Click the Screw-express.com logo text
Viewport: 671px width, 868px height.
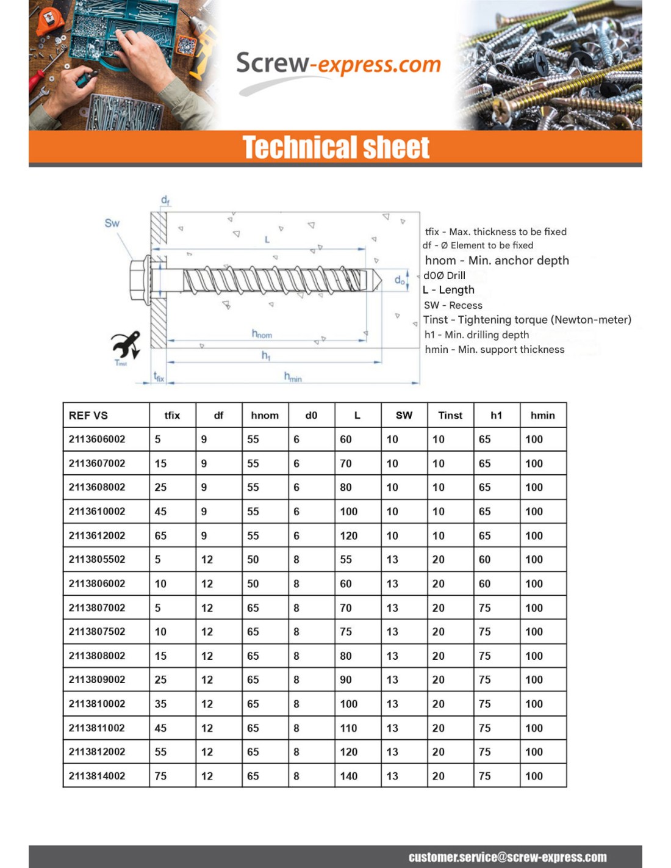(338, 64)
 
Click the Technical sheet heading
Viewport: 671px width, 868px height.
(335, 148)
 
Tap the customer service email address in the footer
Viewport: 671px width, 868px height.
(507, 857)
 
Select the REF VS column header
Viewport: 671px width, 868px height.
(88, 415)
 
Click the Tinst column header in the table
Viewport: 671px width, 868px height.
(450, 415)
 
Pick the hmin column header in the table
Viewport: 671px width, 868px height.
(542, 415)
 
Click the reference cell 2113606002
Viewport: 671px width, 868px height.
(97, 439)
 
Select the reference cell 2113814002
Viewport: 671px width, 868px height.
(97, 776)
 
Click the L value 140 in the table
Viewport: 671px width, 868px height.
(349, 776)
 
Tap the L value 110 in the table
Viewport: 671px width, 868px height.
(349, 728)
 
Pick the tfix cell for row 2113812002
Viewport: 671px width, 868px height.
(160, 752)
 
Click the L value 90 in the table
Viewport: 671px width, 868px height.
(346, 679)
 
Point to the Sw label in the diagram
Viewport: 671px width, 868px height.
(112, 223)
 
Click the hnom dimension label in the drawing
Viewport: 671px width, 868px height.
(262, 334)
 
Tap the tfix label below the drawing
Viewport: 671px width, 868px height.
(159, 377)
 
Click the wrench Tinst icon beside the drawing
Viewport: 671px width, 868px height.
(126, 345)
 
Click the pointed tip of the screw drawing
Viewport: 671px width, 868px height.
(376, 280)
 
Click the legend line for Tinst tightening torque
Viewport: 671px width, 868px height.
(527, 320)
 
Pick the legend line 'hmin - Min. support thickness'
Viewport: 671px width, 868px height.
(494, 349)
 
